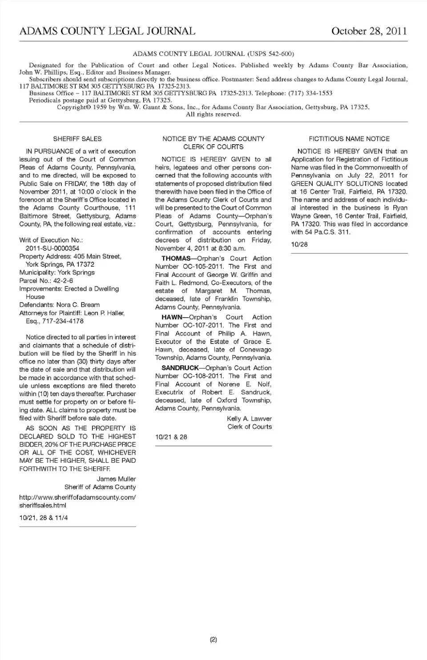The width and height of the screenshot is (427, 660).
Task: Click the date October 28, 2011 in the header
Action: pyautogui.click(x=369, y=31)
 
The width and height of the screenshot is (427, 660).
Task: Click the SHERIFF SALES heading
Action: pyautogui.click(x=77, y=139)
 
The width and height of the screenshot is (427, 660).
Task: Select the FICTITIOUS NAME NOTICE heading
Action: pyautogui.click(x=349, y=139)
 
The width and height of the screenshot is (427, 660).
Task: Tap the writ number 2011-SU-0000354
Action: pyautogui.click(x=52, y=248)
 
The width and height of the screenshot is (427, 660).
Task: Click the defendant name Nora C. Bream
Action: pyautogui.click(x=78, y=305)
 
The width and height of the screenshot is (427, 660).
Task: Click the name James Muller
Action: pyautogui.click(x=116, y=479)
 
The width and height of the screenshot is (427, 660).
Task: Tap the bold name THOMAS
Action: pyautogui.click(x=176, y=259)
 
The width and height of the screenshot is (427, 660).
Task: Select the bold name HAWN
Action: pyautogui.click(x=172, y=317)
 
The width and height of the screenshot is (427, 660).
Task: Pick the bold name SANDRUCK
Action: pyautogui.click(x=180, y=368)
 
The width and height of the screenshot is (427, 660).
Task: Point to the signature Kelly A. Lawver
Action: pyautogui.click(x=249, y=419)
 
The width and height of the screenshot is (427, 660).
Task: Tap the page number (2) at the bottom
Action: pyautogui.click(x=213, y=640)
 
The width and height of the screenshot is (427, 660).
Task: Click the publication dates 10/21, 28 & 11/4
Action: pyautogui.click(x=44, y=518)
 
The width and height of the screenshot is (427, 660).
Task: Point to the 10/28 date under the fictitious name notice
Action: pyautogui.click(x=299, y=244)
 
